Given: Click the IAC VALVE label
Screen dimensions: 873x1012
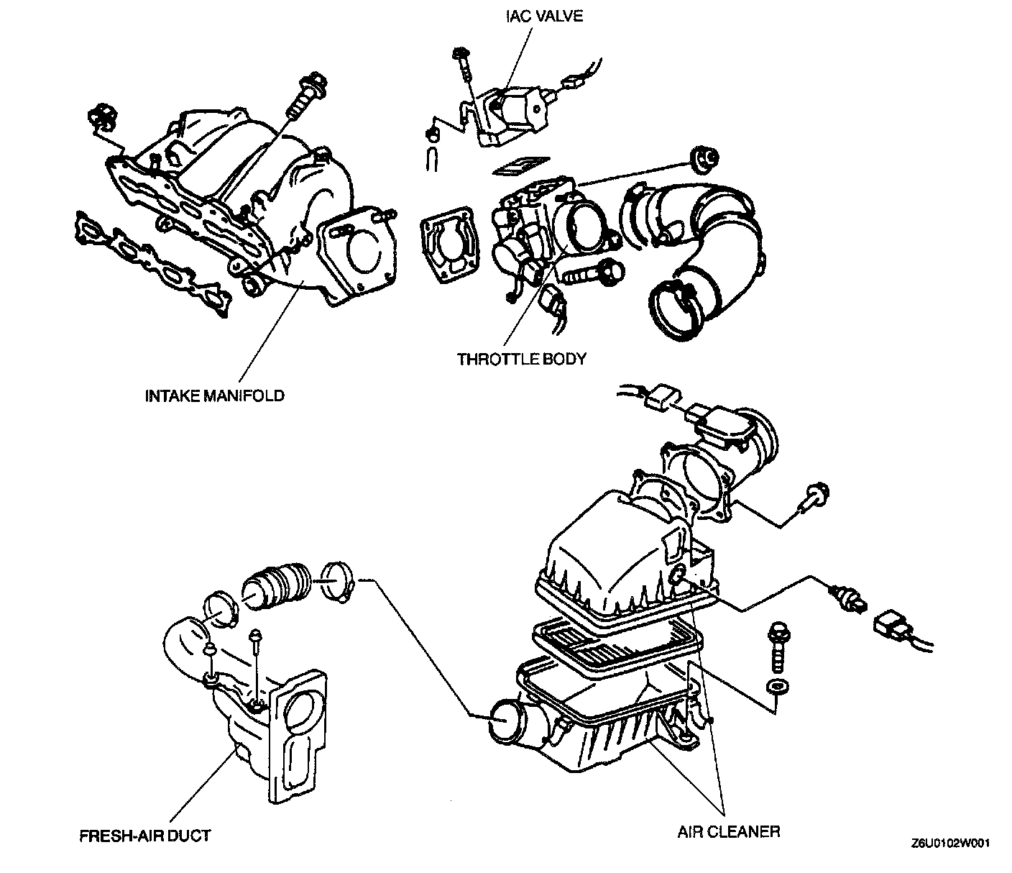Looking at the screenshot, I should [543, 16].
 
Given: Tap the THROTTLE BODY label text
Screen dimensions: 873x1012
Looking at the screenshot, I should [522, 358].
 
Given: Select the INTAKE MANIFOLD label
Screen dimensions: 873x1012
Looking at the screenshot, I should [215, 396].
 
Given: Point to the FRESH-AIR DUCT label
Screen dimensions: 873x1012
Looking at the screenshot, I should [145, 836].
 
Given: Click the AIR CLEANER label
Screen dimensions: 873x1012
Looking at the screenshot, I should [729, 832].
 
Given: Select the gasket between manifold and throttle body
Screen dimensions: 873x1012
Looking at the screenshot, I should [450, 245].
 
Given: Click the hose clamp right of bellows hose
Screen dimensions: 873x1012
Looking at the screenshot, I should [335, 579].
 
